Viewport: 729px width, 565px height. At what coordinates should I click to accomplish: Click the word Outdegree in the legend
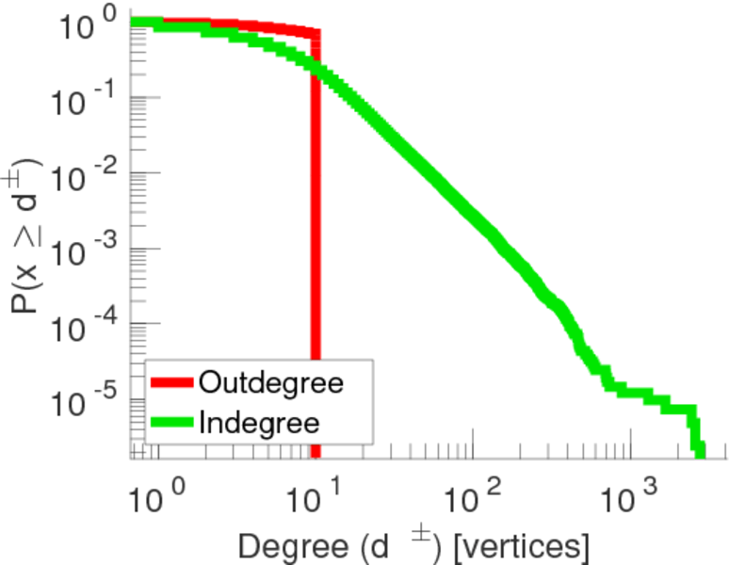click(x=271, y=383)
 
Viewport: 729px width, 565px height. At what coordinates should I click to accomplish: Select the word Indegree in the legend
click(x=260, y=421)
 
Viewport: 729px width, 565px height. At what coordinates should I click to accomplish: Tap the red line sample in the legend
click(x=173, y=383)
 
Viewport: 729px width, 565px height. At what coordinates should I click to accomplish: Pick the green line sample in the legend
click(x=173, y=422)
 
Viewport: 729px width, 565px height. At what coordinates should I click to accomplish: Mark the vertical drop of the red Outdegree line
click(x=316, y=235)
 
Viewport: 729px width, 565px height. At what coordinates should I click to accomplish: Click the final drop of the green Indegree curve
click(x=698, y=441)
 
